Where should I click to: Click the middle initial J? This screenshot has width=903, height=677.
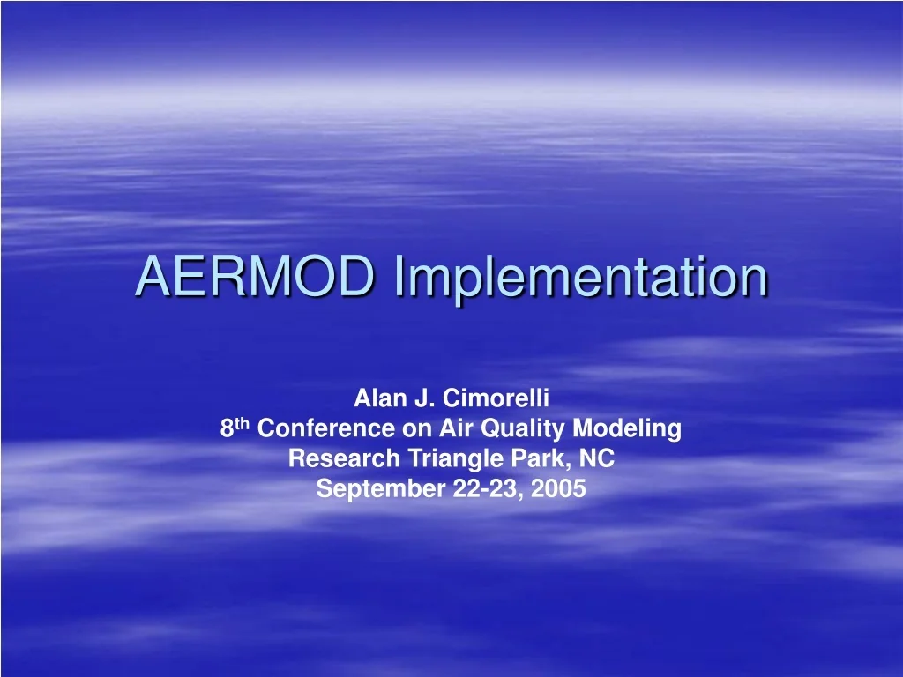click(423, 398)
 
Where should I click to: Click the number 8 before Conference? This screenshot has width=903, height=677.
click(227, 429)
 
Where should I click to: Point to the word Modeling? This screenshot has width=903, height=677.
click(628, 429)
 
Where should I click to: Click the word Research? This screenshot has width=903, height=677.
click(345, 458)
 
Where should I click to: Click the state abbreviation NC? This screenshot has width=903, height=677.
click(599, 458)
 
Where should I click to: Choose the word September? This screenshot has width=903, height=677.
click(381, 489)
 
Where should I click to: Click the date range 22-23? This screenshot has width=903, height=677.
click(485, 488)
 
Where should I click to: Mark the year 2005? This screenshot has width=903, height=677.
click(559, 488)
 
